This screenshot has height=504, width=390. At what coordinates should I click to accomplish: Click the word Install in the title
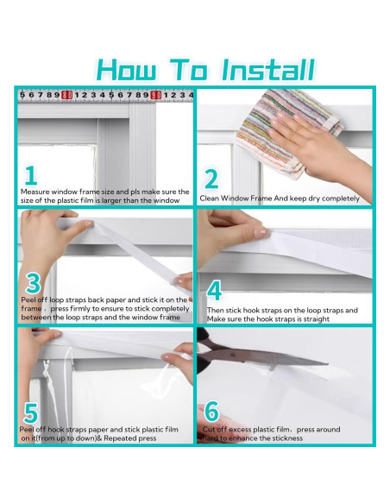point(268,70)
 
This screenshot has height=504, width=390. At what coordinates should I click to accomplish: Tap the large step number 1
point(31,175)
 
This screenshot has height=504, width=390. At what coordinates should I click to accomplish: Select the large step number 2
point(211,179)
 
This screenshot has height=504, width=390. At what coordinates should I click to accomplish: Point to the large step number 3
point(33,283)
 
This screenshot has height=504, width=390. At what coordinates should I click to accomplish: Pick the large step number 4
point(214,290)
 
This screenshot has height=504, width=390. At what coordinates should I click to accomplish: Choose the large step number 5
point(31,413)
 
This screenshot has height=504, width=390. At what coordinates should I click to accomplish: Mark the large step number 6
point(211,411)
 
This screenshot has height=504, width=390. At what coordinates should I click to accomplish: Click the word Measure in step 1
point(35,192)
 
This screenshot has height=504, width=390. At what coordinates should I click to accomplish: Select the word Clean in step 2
point(209,198)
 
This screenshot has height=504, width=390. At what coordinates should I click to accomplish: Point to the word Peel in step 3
point(28,299)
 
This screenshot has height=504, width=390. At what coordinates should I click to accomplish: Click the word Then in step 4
point(215,311)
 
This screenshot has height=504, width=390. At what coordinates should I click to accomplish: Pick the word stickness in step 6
point(286,438)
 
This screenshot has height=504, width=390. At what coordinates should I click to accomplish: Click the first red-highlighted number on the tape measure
point(66,95)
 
